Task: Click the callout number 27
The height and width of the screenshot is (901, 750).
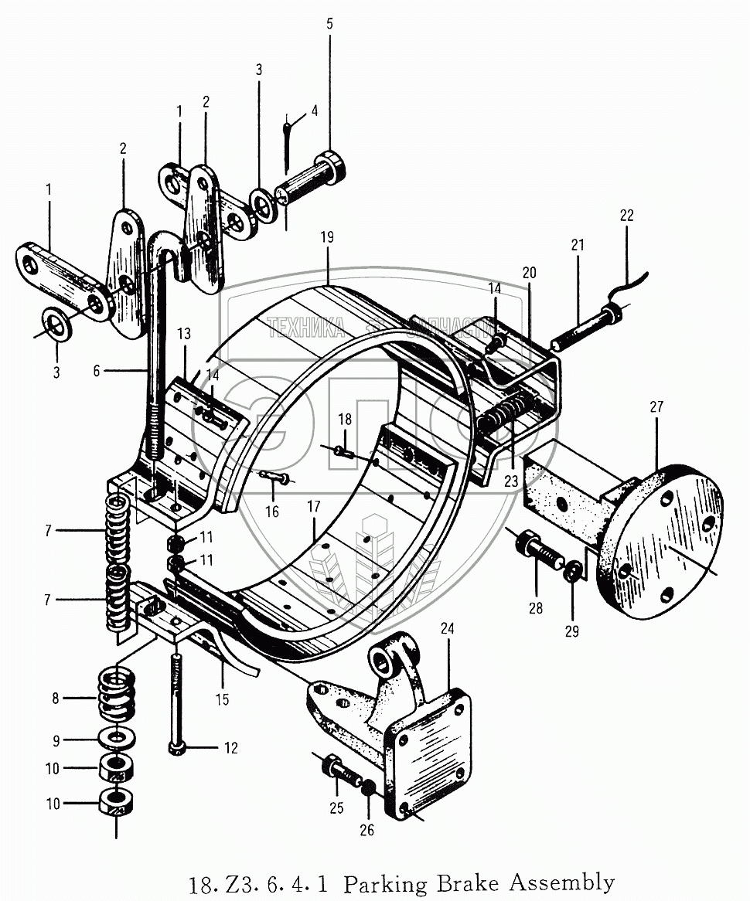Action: click(x=656, y=407)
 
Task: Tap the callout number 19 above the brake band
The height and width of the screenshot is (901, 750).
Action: click(x=327, y=237)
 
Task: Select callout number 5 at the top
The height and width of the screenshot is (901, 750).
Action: click(x=329, y=24)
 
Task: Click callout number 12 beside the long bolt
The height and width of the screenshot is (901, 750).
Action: click(x=230, y=748)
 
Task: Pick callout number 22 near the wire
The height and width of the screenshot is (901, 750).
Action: click(x=626, y=216)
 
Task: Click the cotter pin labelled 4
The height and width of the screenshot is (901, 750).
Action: click(x=288, y=143)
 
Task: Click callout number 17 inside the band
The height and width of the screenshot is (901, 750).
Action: click(x=313, y=508)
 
